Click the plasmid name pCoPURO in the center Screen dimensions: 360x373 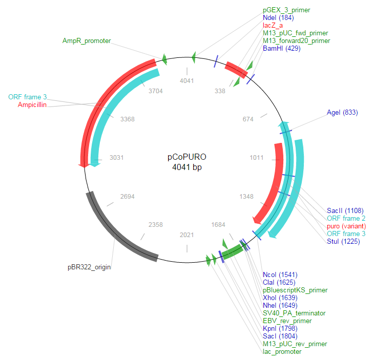pyautogui.click(x=186, y=157)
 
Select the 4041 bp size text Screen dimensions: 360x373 pyautogui.click(x=186, y=167)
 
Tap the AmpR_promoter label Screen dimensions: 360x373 pyautogui.click(x=87, y=40)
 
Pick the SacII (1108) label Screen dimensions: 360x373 pyautogui.click(x=345, y=210)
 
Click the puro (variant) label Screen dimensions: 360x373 pyautogui.click(x=346, y=226)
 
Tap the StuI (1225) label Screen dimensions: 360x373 pyautogui.click(x=344, y=241)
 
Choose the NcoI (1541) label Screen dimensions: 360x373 pyautogui.click(x=279, y=274)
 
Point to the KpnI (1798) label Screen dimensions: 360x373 pyautogui.click(x=280, y=328)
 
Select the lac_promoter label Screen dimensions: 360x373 pyautogui.click(x=282, y=351)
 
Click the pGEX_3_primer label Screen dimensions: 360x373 pyautogui.click(x=286, y=10)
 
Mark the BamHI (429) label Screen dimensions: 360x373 pyautogui.click(x=281, y=48)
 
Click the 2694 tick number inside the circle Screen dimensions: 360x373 pyautogui.click(x=127, y=196)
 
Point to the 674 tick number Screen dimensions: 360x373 pyautogui.click(x=248, y=119)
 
